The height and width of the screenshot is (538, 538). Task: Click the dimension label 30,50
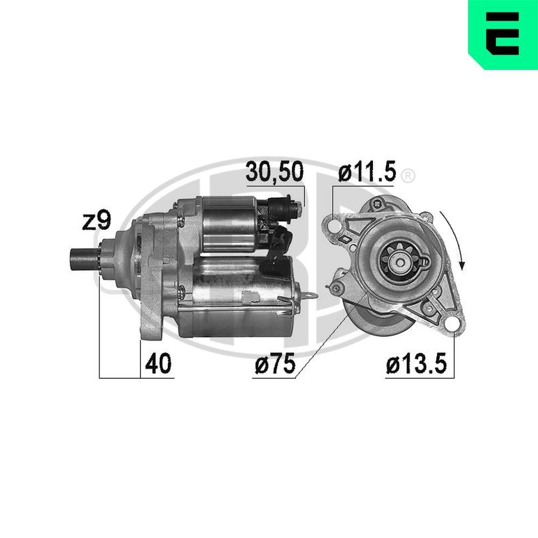point(274,172)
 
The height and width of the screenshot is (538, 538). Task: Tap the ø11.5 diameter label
point(367,172)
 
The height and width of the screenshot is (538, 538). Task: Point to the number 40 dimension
point(158,364)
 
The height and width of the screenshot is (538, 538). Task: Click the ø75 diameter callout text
point(275,364)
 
